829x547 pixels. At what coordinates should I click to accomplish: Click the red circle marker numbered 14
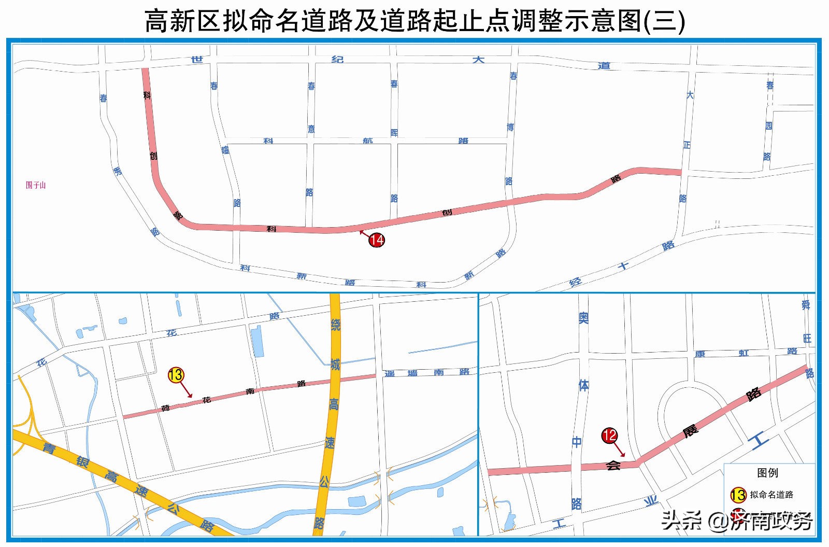point(377,240)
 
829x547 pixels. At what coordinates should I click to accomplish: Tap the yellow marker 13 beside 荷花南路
point(176,375)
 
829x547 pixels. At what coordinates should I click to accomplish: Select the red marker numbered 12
point(609,435)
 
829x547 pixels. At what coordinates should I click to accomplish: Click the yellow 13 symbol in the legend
point(738,495)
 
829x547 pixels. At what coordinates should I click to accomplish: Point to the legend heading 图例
point(767,473)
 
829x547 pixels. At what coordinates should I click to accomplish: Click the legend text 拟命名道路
point(771,495)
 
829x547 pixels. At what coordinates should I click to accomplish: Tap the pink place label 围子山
point(36,185)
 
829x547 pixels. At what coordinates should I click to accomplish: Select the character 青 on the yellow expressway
point(49,447)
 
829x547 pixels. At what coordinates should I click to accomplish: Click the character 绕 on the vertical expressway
point(336,325)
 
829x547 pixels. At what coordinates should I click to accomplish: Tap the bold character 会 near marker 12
point(613,465)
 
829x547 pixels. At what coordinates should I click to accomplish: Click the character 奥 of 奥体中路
point(583,317)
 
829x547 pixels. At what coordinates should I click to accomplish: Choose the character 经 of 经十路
point(575,283)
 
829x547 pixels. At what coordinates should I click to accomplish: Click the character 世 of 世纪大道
point(197,59)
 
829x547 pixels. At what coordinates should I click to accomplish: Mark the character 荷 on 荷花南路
point(165,408)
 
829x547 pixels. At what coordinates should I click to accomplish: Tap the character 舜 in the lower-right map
point(806,305)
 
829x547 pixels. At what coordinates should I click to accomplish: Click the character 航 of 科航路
point(368,141)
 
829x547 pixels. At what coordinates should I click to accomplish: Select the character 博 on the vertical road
point(510,127)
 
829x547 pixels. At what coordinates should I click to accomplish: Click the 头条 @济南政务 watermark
point(736,520)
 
